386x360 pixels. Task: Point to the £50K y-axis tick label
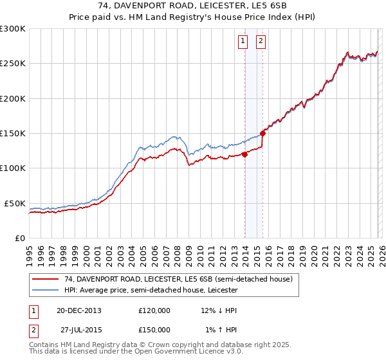[x=15, y=203]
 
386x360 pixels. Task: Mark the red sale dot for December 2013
[x=244, y=154]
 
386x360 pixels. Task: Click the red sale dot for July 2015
[x=262, y=134]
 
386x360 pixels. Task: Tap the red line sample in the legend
[x=44, y=279]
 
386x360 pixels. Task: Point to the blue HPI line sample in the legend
[x=44, y=290]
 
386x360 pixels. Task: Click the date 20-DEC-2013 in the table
[x=79, y=310]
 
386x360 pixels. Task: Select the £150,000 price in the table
[x=154, y=329]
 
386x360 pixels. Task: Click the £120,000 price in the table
[x=154, y=310]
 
